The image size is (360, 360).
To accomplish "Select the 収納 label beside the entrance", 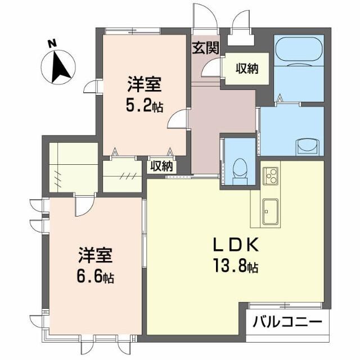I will (x=246, y=68).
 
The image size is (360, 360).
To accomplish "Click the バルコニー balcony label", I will (x=287, y=323).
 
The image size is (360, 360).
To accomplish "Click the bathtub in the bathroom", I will (x=299, y=51).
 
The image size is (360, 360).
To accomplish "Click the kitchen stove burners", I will (x=269, y=175).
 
